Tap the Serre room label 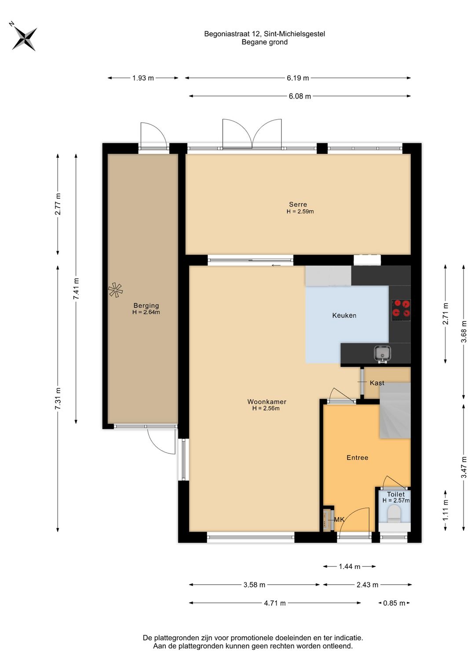(298, 204)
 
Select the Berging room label (146, 306)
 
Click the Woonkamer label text (267, 402)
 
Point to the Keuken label (344, 315)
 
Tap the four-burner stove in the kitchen (401, 308)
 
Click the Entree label (357, 457)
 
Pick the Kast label (377, 383)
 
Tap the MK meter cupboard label (339, 519)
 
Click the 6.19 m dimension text (298, 78)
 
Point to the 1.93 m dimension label (143, 78)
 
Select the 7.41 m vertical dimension (76, 288)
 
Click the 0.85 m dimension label (394, 603)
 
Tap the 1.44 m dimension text (349, 566)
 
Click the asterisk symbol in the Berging (115, 290)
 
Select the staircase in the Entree (395, 411)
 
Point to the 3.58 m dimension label (254, 584)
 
